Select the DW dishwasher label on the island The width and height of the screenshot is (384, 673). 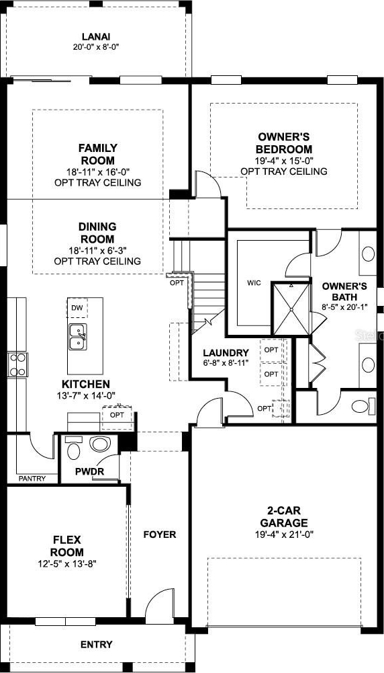click(77, 308)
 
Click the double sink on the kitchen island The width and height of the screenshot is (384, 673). click(78, 337)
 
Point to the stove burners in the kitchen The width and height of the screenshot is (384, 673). click(17, 365)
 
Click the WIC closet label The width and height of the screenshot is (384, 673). click(254, 283)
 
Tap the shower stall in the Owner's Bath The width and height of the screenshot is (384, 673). click(291, 308)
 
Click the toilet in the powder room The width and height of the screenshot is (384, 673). click(73, 448)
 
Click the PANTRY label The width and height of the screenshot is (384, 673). click(33, 478)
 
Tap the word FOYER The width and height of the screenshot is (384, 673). click(159, 535)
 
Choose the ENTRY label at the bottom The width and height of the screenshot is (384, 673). click(97, 644)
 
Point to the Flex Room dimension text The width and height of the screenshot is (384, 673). click(67, 563)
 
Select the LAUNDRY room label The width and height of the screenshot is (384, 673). click(226, 353)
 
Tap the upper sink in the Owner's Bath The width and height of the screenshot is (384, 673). click(368, 253)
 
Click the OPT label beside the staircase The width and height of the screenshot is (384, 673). click(176, 283)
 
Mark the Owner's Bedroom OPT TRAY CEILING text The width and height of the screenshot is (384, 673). click(284, 171)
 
